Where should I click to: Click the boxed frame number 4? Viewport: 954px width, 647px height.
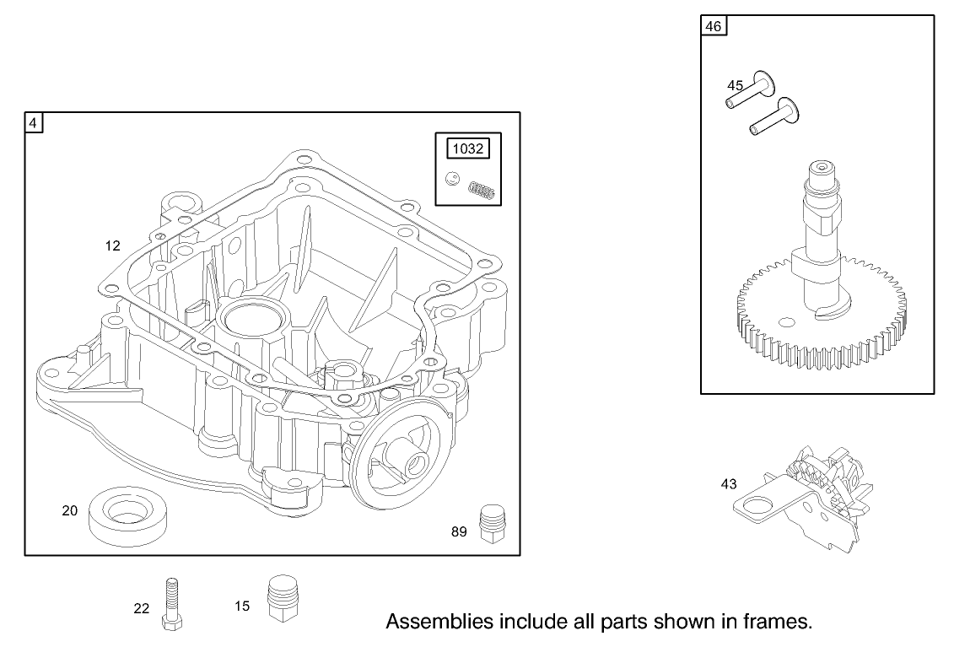(34, 123)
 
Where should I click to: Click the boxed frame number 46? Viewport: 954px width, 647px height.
(713, 26)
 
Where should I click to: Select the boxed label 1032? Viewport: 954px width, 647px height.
(468, 149)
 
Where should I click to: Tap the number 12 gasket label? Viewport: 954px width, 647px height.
(113, 246)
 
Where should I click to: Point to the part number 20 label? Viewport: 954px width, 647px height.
(70, 510)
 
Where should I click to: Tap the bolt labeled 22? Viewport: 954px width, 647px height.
(172, 603)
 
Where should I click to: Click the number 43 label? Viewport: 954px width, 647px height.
(729, 484)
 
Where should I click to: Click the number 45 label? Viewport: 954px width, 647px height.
(736, 85)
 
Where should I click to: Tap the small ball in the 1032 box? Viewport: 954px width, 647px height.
(453, 179)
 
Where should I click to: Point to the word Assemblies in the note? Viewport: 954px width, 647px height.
(435, 623)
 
